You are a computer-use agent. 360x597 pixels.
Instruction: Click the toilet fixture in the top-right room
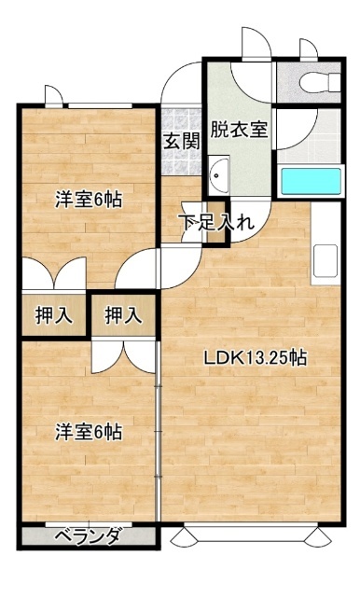[320, 81]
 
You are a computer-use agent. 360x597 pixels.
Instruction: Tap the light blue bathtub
[311, 181]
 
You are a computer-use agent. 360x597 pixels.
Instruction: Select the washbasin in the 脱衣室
[219, 175]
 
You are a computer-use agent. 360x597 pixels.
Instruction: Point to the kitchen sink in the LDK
[325, 261]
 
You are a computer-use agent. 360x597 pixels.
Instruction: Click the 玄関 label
[182, 142]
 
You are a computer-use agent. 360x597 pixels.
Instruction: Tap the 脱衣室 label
[239, 130]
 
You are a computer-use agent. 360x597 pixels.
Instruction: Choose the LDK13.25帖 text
[256, 357]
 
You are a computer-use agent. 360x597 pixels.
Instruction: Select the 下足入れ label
[216, 223]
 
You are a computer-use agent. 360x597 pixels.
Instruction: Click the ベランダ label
[89, 537]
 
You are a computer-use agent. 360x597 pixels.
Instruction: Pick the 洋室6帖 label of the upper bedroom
[89, 200]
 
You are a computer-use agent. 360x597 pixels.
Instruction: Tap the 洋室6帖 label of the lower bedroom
[89, 432]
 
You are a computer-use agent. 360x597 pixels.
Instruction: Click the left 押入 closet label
[54, 315]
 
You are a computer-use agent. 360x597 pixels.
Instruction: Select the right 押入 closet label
[124, 315]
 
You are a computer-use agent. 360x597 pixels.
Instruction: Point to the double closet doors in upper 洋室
[54, 273]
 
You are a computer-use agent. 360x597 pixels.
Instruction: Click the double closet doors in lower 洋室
[124, 356]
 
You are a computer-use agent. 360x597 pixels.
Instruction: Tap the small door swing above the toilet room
[309, 49]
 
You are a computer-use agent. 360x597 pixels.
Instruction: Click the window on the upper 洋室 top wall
[100, 105]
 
